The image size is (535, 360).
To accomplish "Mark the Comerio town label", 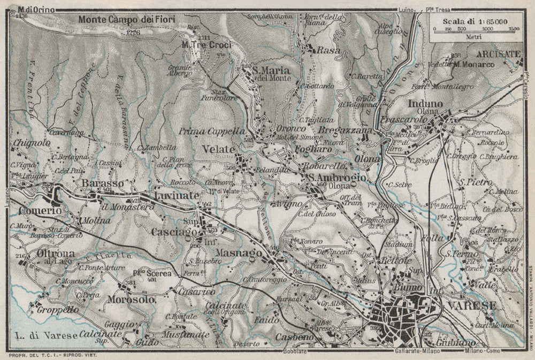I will point(40,211).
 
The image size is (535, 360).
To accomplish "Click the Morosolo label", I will point(131,300).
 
